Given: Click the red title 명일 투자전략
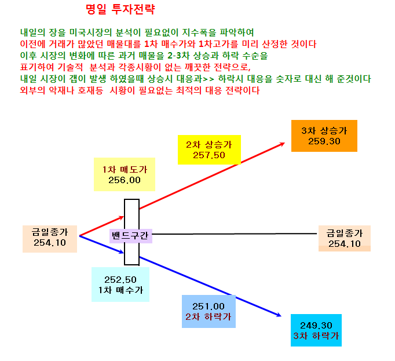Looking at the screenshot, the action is (120, 9).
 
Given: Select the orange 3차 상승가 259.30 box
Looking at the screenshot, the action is (324, 136).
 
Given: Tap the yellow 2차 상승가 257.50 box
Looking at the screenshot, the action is (209, 149).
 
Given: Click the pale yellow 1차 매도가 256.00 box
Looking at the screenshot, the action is (125, 174).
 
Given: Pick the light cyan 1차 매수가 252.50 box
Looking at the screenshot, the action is (120, 285).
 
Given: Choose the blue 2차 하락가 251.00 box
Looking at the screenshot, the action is (209, 311).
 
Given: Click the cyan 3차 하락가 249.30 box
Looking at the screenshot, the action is (316, 330).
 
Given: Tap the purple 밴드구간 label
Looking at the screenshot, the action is (131, 236).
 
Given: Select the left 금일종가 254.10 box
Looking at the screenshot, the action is (50, 239).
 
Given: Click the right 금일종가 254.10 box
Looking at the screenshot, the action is (345, 239).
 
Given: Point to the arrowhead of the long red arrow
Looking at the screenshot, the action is (284, 143).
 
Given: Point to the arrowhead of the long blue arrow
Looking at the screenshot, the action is (281, 316).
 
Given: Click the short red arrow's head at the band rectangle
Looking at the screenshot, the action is (123, 217).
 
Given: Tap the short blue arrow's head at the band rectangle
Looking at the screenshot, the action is (123, 252).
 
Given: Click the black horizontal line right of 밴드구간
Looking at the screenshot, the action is (235, 234).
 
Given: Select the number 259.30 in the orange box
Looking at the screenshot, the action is (324, 141).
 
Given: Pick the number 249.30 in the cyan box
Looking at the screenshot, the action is (316, 326).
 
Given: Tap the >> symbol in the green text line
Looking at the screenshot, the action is (209, 79).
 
